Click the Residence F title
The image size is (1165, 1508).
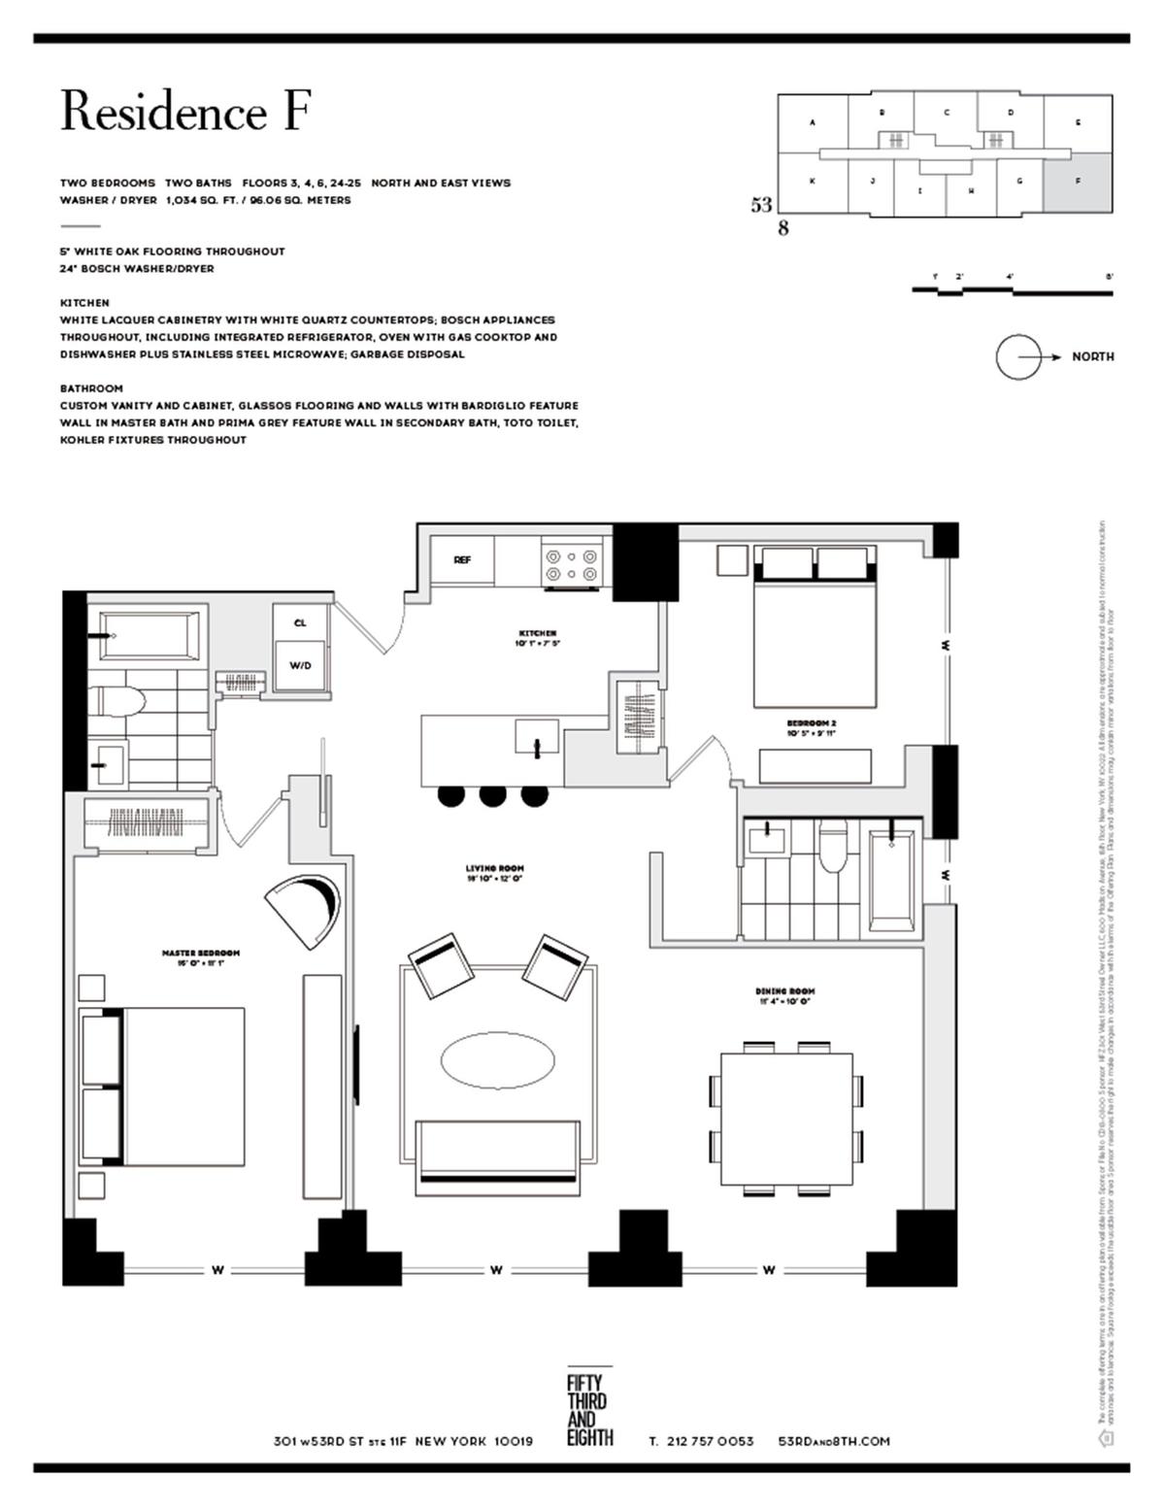[x=184, y=112]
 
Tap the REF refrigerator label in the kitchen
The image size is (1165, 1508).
[x=462, y=560]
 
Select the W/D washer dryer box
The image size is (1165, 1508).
[x=299, y=665]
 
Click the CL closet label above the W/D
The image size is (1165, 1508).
[x=299, y=622]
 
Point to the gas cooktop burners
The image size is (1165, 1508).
[x=572, y=565]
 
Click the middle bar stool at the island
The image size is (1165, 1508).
[x=493, y=795]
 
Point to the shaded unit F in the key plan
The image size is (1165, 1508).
[x=1078, y=183]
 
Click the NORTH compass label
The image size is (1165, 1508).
[x=1092, y=356]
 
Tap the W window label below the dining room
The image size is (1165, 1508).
[x=768, y=1269]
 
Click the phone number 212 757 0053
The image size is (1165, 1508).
[x=711, y=1441]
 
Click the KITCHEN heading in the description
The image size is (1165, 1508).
[x=84, y=303]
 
